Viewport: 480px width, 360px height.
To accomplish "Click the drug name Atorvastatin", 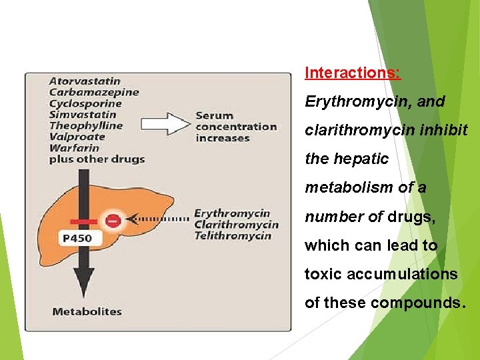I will click(85, 81).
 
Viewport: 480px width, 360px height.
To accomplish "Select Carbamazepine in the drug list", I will click(94, 92).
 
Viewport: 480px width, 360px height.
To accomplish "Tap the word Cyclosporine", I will click(85, 103).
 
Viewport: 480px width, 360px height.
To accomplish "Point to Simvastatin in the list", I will click(83, 114).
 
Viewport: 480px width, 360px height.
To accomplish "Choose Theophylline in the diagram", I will click(86, 125).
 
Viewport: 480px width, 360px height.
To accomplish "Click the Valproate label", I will click(77, 137).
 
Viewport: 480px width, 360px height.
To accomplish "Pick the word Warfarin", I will click(74, 147).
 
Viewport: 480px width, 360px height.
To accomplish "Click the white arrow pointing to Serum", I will click(167, 123).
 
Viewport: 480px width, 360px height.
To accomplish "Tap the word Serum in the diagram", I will click(214, 115).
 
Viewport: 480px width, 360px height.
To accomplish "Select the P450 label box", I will click(77, 237).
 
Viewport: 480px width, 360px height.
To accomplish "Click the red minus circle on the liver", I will click(113, 219).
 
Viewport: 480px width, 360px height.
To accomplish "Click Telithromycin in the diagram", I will click(232, 235).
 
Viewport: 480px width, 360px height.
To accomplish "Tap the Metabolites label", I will click(87, 311).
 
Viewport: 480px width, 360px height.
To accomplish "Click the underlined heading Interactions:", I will click(353, 73).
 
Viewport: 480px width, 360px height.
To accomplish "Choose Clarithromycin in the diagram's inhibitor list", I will click(236, 224).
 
